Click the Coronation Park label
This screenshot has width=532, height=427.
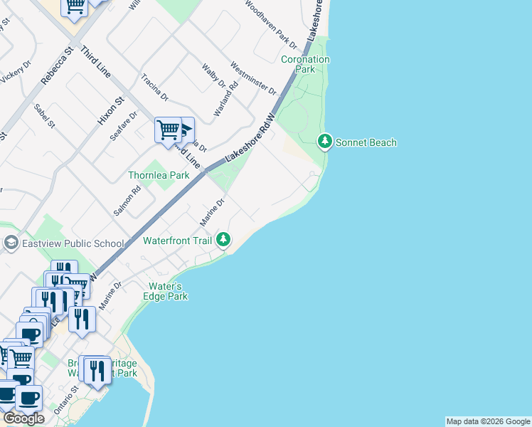(x=305, y=65)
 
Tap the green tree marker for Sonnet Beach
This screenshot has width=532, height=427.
(x=325, y=142)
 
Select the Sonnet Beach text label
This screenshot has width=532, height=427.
(x=366, y=143)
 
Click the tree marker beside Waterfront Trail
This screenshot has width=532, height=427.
(x=224, y=240)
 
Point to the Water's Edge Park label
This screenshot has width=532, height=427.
(x=166, y=291)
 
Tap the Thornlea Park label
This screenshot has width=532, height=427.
(x=159, y=175)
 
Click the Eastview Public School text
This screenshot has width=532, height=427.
(x=73, y=243)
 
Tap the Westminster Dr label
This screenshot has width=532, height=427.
(x=252, y=78)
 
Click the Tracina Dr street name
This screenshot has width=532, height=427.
(x=154, y=87)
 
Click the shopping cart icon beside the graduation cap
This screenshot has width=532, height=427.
(x=168, y=131)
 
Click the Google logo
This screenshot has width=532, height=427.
(x=23, y=418)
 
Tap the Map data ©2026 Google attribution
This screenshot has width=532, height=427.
(x=488, y=421)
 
